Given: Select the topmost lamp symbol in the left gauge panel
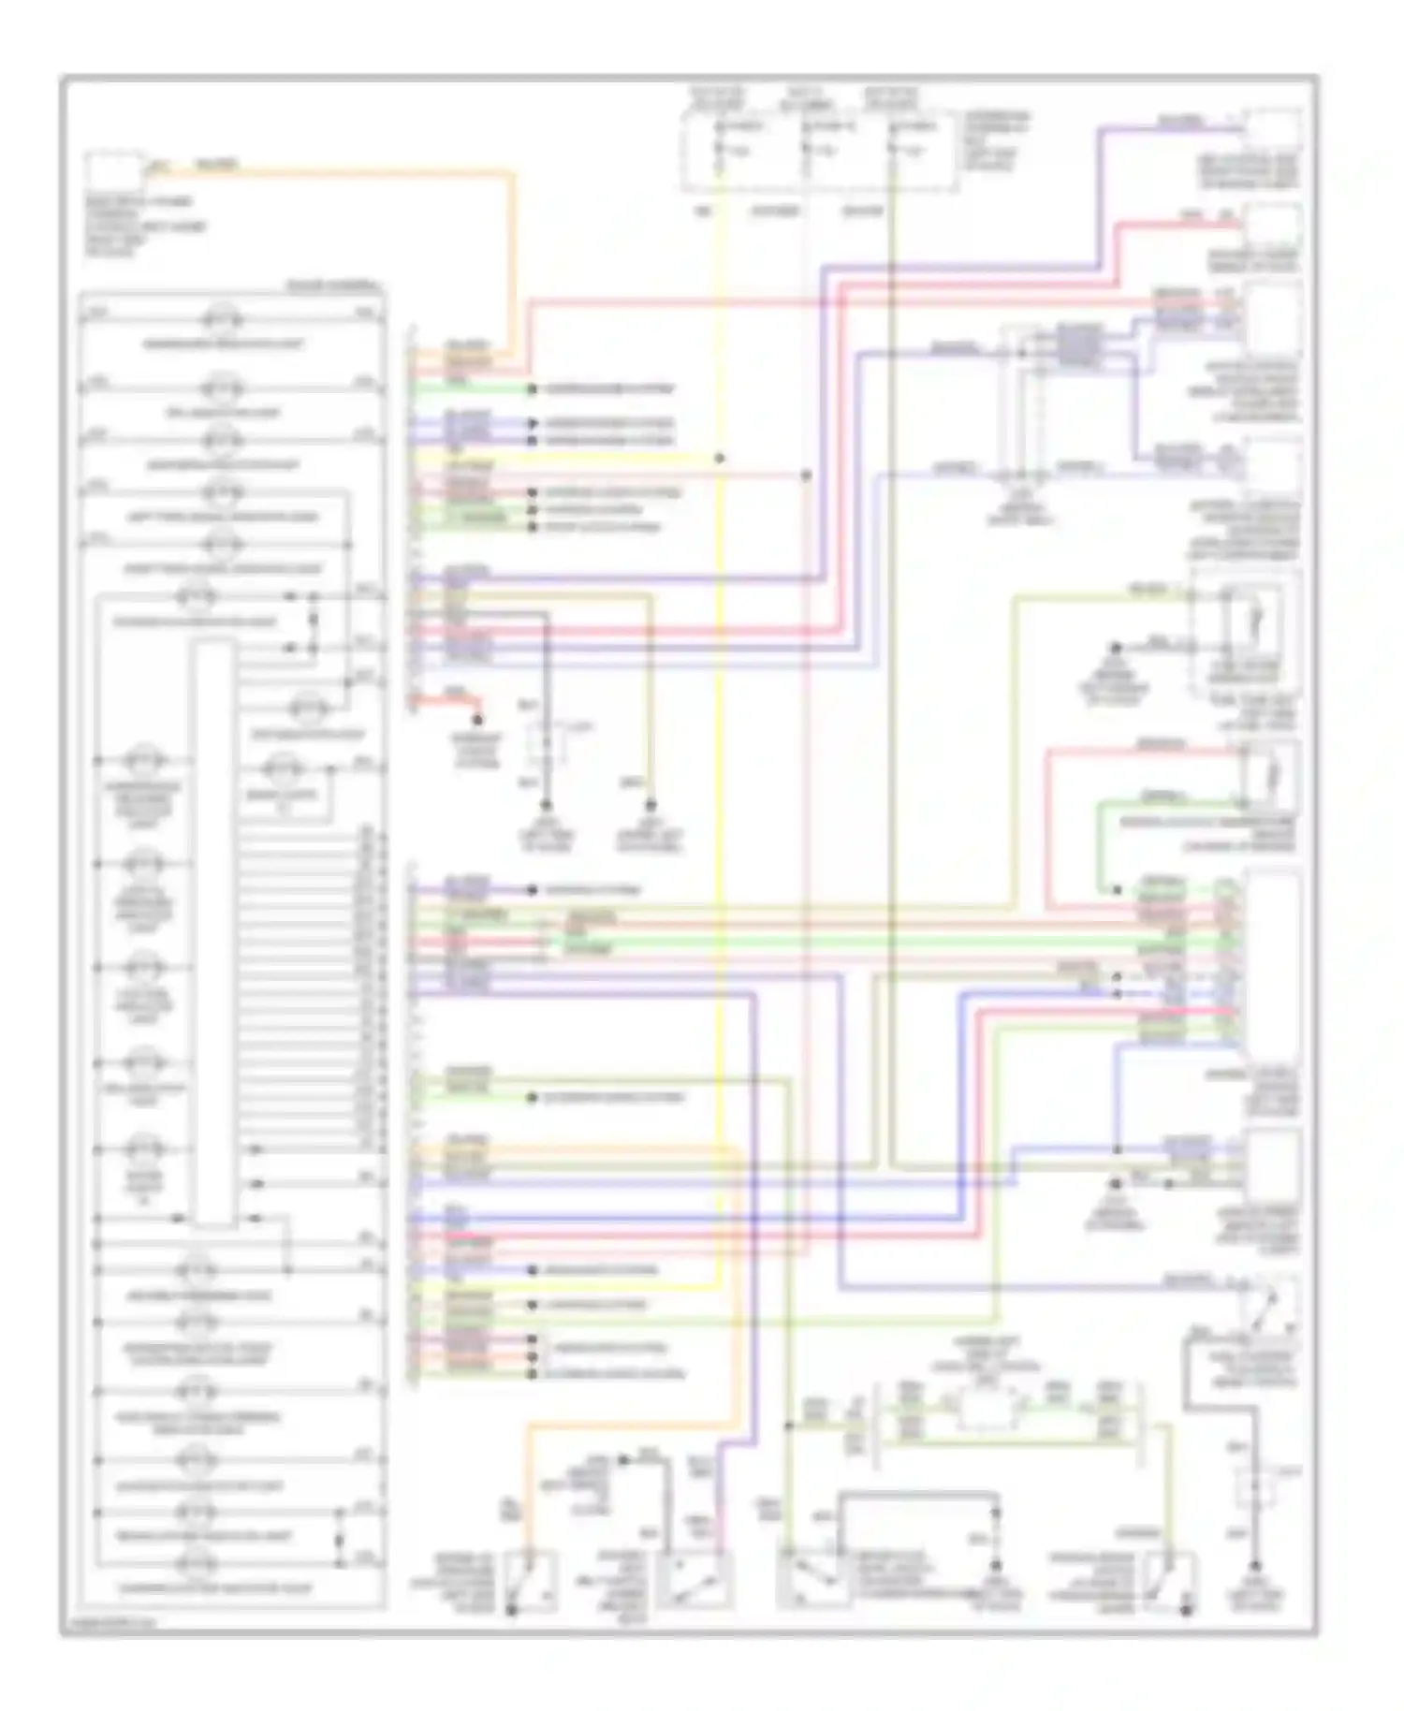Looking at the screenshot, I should (223, 320).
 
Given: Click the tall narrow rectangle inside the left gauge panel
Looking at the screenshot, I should (212, 931).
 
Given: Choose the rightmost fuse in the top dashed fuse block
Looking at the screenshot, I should (894, 148).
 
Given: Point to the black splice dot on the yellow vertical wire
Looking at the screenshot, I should (720, 459).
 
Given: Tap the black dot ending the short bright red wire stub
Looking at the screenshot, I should (477, 720).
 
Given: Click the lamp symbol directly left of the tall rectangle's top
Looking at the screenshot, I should (195, 595).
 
